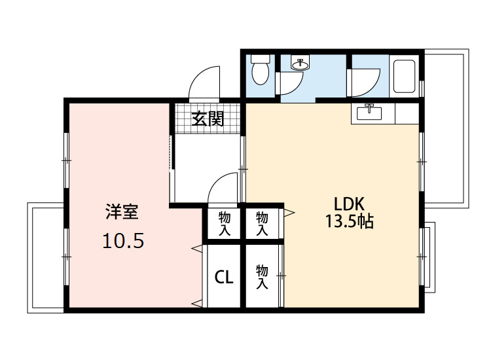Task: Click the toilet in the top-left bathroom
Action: click(x=261, y=71)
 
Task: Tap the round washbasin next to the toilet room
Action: click(x=300, y=64)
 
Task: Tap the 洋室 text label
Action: click(x=122, y=212)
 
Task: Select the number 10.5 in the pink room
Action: click(x=122, y=241)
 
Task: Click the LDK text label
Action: click(x=349, y=202)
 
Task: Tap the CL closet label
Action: click(x=224, y=277)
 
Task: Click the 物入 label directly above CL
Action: click(x=224, y=223)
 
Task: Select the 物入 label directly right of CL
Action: click(x=262, y=276)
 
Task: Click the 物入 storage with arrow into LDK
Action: click(x=262, y=223)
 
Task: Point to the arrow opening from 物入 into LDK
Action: click(x=289, y=212)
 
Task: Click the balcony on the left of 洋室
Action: click(x=45, y=257)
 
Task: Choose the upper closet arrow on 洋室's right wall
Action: click(x=196, y=248)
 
